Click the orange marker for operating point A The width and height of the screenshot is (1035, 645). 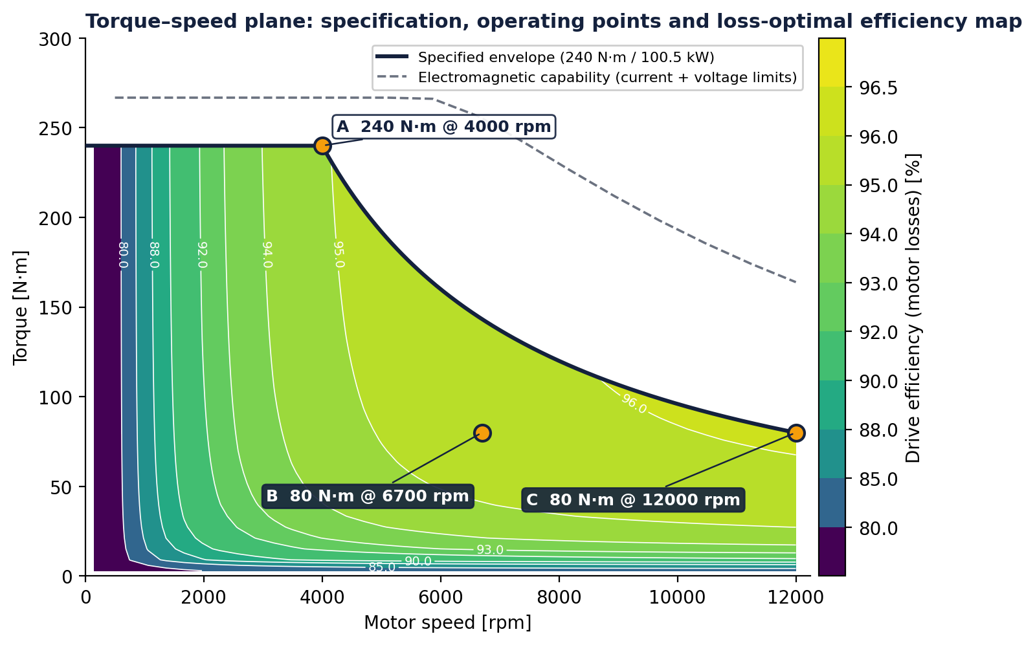tap(322, 146)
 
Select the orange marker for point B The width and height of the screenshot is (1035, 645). tap(482, 433)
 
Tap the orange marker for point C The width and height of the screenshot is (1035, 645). tap(796, 433)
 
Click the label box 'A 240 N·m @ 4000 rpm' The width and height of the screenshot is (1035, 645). tap(443, 127)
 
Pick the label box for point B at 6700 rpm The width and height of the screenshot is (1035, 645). tap(368, 496)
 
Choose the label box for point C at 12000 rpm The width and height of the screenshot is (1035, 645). tap(633, 500)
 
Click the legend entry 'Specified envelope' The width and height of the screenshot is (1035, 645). tap(545, 57)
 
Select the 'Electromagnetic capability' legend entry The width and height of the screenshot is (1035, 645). tap(587, 77)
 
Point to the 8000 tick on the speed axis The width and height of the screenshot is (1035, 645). tap(559, 597)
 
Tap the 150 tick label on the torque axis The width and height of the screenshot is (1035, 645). tap(56, 307)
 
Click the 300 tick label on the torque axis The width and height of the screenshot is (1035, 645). tap(56, 39)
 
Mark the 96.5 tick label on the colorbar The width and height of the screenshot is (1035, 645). tap(878, 87)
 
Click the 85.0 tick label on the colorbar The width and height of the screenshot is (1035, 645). tap(878, 479)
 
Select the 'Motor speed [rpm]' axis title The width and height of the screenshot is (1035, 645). tap(448, 623)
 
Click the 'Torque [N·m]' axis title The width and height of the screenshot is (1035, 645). tap(21, 308)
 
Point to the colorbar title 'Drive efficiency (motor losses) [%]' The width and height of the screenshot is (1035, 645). tap(913, 308)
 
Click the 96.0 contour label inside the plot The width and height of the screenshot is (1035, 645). tap(634, 404)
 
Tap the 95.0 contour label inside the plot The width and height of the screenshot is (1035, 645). tap(339, 254)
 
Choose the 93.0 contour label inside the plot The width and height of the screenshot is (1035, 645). tap(490, 550)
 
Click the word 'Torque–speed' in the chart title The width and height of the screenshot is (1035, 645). tap(147, 21)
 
